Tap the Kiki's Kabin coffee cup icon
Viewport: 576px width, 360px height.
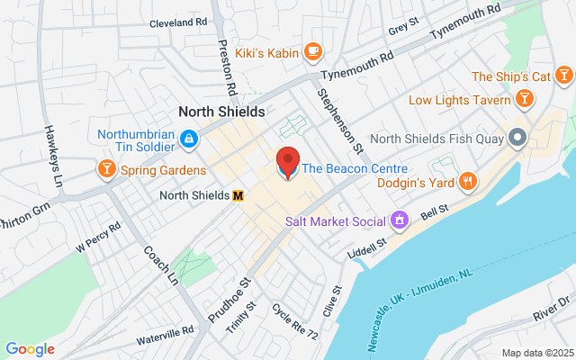pyautogui.click(x=313, y=50)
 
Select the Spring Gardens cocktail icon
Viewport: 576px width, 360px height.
pyautogui.click(x=106, y=168)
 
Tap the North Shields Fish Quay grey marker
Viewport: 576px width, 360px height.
pyautogui.click(x=517, y=139)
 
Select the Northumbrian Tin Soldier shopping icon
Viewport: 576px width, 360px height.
pyautogui.click(x=188, y=138)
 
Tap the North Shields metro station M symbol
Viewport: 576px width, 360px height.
pyautogui.click(x=238, y=195)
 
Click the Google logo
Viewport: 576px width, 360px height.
pyautogui.click(x=30, y=349)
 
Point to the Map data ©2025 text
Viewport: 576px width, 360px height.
pyautogui.click(x=536, y=352)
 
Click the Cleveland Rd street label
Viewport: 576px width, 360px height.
pyautogui.click(x=178, y=22)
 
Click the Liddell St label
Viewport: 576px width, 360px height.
pyautogui.click(x=367, y=243)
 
